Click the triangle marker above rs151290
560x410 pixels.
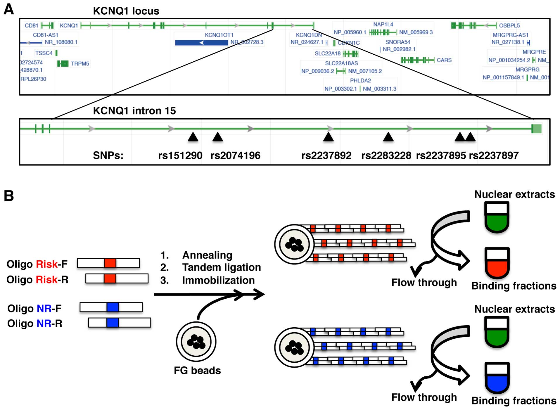(x=193, y=137)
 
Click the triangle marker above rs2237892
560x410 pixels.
(x=328, y=137)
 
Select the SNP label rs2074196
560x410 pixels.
(x=235, y=155)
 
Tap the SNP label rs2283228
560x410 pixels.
(x=386, y=155)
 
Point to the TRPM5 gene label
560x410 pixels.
(x=80, y=63)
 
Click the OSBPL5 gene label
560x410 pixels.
(x=509, y=25)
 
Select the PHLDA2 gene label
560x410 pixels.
(x=360, y=80)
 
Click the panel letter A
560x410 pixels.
(x=9, y=9)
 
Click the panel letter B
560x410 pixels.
(x=9, y=196)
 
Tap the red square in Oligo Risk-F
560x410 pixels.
(x=110, y=263)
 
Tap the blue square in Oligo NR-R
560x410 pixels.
(x=113, y=323)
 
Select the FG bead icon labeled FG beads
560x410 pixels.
(x=196, y=342)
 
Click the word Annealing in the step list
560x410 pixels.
(x=207, y=255)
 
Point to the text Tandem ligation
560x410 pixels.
(x=222, y=267)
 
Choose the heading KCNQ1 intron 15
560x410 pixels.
(x=134, y=111)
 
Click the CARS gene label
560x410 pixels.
(x=444, y=60)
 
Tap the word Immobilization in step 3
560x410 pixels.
(x=218, y=280)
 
